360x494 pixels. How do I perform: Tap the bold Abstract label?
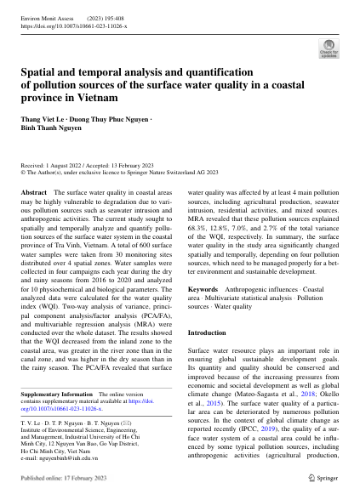pyautogui.click(x=33, y=194)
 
